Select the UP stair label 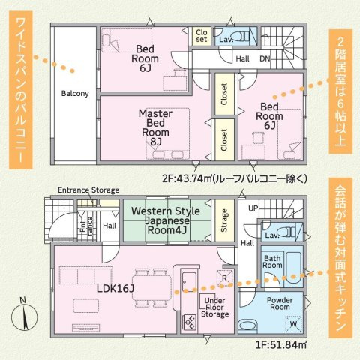click(x=253, y=207)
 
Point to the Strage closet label click(x=225, y=222)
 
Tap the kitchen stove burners click(x=190, y=323)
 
